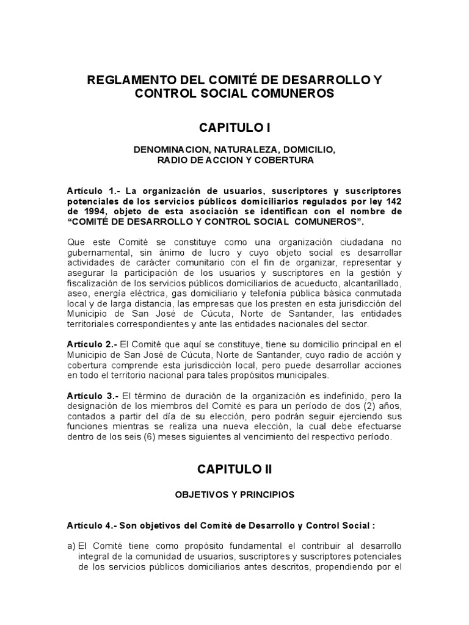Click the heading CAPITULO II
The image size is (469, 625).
point(234,469)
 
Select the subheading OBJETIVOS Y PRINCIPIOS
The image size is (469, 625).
point(234,495)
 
